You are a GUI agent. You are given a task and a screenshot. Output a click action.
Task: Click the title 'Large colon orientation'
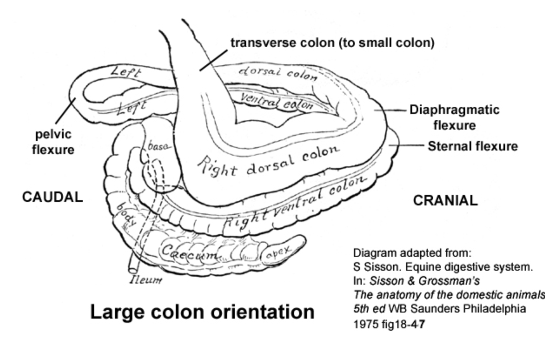tap(202, 312)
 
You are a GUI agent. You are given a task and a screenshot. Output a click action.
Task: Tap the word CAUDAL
tap(52, 197)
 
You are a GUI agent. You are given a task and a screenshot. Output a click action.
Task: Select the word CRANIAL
tap(445, 201)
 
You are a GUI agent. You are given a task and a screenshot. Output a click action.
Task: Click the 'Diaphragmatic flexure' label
tap(454, 117)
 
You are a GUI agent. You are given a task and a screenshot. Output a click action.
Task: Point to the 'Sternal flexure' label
tap(472, 146)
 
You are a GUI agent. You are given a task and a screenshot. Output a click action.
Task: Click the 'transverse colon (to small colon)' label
tap(333, 42)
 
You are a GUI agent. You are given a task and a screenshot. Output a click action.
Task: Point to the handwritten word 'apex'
tap(277, 252)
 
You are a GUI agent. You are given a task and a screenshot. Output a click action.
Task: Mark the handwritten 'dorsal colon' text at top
tap(278, 73)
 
